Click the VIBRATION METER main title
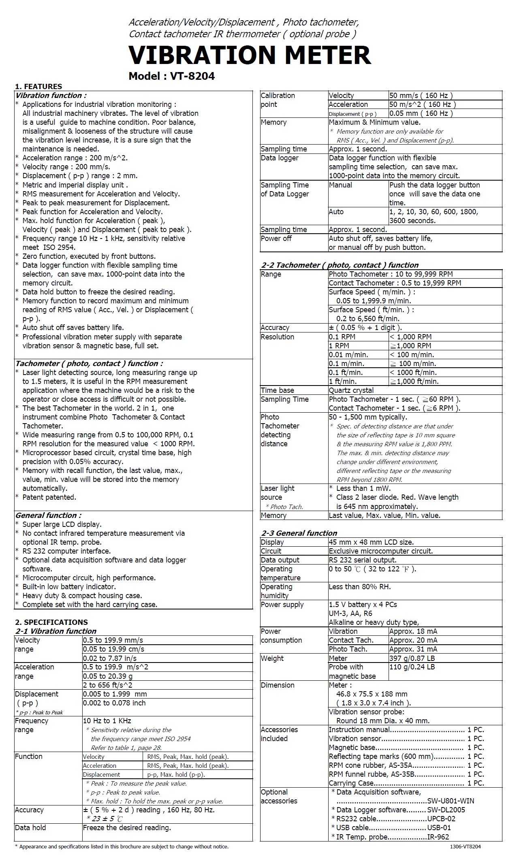(x=250, y=55)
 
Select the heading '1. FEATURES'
(x=38, y=86)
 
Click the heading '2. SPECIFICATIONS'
(x=51, y=622)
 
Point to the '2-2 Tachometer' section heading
(x=340, y=265)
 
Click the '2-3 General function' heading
(x=299, y=533)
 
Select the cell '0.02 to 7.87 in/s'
(x=110, y=658)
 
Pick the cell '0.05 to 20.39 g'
(x=108, y=676)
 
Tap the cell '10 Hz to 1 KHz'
(x=107, y=720)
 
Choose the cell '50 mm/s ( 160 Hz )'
(x=421, y=96)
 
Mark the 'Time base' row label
(x=278, y=390)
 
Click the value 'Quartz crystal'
(x=351, y=390)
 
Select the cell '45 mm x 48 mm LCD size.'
(x=371, y=542)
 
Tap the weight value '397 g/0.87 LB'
(x=412, y=658)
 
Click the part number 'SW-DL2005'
(x=446, y=810)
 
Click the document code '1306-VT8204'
(x=465, y=846)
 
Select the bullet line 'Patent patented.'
(x=49, y=497)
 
